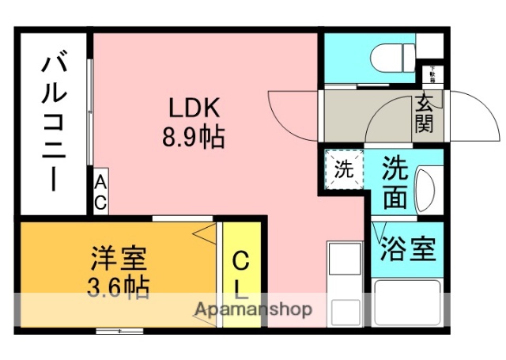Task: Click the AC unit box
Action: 100,192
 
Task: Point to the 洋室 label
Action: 119,257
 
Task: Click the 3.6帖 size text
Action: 119,286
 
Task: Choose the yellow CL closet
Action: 241,273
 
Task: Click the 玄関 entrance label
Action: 425,113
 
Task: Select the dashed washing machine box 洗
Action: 343,169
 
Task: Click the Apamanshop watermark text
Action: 252,309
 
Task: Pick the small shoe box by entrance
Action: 432,75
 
